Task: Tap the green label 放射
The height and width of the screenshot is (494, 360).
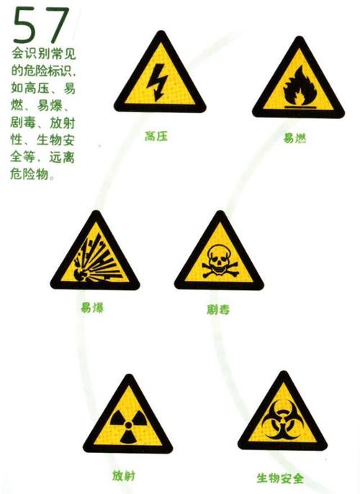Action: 124,476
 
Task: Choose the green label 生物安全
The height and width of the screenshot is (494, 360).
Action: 281,478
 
